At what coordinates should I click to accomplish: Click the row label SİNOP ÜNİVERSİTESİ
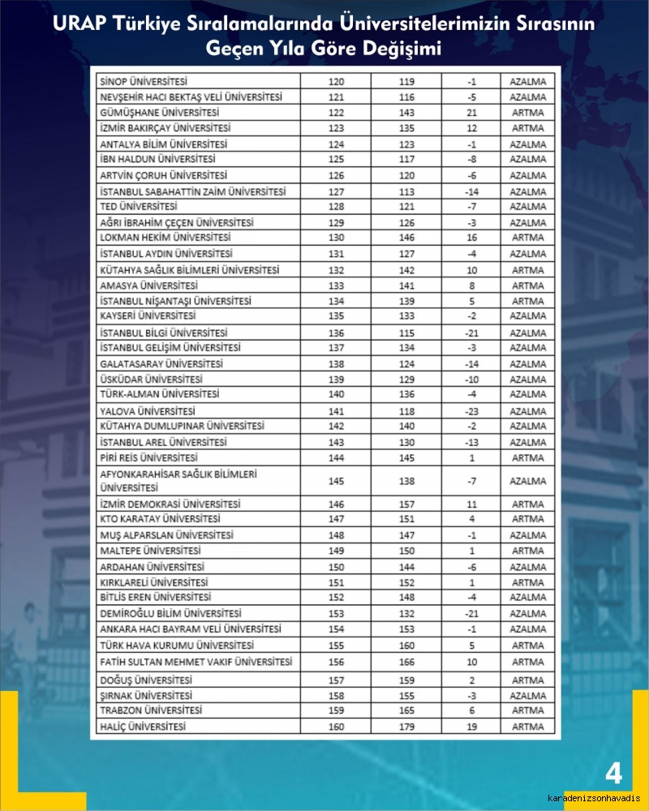tap(142, 82)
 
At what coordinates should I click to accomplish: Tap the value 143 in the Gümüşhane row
tap(407, 113)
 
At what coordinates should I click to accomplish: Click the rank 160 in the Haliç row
tap(336, 726)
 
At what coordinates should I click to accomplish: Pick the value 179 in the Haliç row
tap(407, 726)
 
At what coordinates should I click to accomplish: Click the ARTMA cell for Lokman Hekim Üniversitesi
tap(528, 238)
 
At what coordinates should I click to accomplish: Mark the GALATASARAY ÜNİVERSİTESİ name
tap(161, 364)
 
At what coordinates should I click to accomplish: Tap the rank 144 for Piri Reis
tap(336, 458)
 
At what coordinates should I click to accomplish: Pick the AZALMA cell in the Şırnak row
tap(528, 696)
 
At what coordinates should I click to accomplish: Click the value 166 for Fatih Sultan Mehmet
tap(407, 663)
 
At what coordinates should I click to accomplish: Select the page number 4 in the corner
tap(613, 774)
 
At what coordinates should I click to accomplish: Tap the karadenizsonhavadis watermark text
tap(593, 798)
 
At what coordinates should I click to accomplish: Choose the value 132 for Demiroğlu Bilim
tap(407, 614)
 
